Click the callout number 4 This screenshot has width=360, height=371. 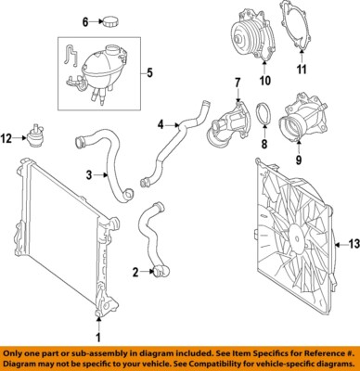click(x=161, y=123)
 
